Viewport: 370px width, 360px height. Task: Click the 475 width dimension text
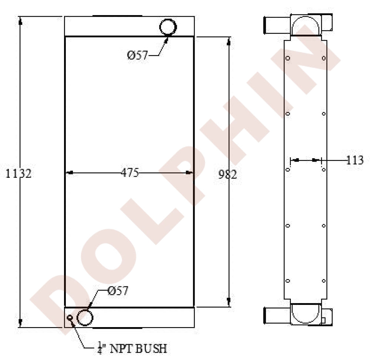pyautogui.click(x=129, y=173)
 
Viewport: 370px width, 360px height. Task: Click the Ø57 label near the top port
pyautogui.click(x=138, y=55)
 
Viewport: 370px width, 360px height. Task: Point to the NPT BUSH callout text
pyautogui.click(x=132, y=348)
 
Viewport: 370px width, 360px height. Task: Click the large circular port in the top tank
pyautogui.click(x=168, y=27)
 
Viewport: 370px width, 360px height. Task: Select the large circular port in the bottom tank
pyautogui.click(x=85, y=317)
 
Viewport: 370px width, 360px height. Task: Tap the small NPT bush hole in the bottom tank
pyautogui.click(x=70, y=317)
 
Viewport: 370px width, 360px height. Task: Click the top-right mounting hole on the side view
pyautogui.click(x=324, y=58)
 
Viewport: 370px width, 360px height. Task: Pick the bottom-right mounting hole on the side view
pyautogui.click(x=324, y=281)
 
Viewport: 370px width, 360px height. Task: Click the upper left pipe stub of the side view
pyautogui.click(x=272, y=25)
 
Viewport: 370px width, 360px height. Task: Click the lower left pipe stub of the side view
pyautogui.click(x=272, y=316)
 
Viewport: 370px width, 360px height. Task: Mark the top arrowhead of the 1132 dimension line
pyautogui.click(x=20, y=21)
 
